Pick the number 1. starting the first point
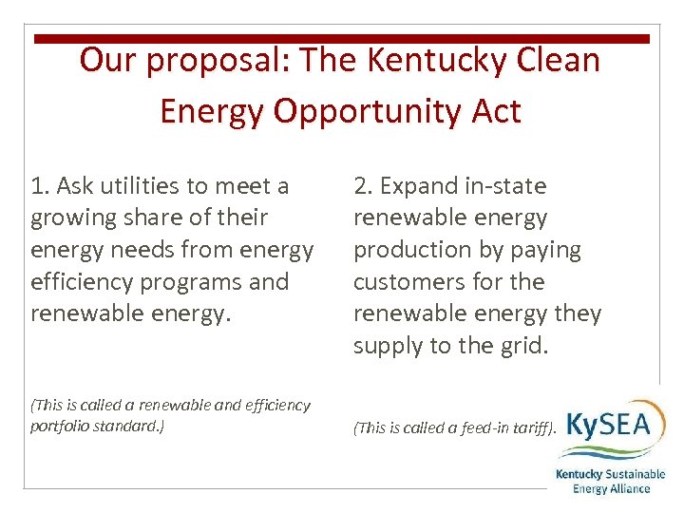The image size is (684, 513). [39, 185]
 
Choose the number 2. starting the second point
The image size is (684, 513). [363, 185]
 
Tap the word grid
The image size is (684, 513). [525, 347]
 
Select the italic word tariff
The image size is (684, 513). [519, 427]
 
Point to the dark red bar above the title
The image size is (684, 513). [342, 39]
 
